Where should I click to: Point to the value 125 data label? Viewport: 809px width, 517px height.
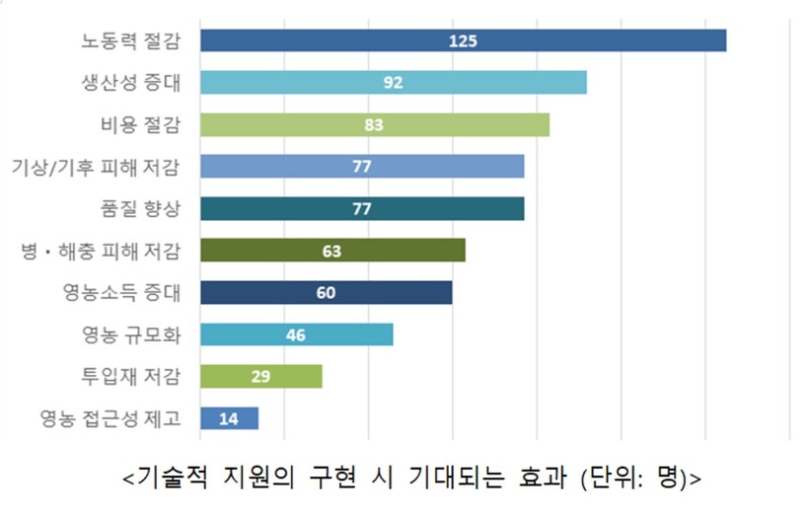pyautogui.click(x=463, y=40)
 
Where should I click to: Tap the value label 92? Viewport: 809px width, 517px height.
pyautogui.click(x=394, y=82)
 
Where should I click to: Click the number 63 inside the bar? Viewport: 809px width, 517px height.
pyautogui.click(x=331, y=251)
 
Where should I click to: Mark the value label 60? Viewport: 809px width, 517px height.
pyautogui.click(x=326, y=293)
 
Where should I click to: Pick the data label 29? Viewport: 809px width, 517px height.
pyautogui.click(x=261, y=377)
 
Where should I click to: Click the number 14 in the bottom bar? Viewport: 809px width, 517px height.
pyautogui.click(x=229, y=418)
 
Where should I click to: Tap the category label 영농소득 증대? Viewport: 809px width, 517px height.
pyautogui.click(x=121, y=293)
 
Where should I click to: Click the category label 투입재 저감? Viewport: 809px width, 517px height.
pyautogui.click(x=131, y=377)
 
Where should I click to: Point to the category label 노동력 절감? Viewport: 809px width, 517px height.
pyautogui.click(x=131, y=40)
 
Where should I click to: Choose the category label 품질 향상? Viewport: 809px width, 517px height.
pyautogui.click(x=142, y=208)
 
